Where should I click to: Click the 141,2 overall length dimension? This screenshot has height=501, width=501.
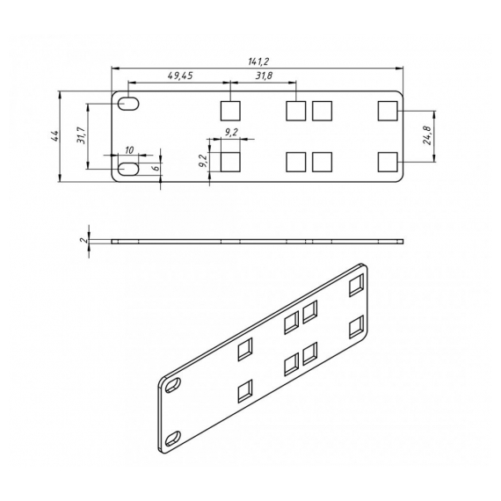258,62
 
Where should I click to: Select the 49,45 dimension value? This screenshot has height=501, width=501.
180,76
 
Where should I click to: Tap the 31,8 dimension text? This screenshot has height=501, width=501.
264,76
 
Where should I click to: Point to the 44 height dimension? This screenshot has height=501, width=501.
54,135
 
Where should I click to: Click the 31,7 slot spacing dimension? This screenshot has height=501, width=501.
81,135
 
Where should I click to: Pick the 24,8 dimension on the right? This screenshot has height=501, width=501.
427,135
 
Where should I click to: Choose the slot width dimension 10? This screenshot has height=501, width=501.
129,150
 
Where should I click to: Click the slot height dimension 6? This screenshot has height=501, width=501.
156,169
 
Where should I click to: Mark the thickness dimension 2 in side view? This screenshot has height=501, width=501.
84,240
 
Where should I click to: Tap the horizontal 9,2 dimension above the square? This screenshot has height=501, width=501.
230,133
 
